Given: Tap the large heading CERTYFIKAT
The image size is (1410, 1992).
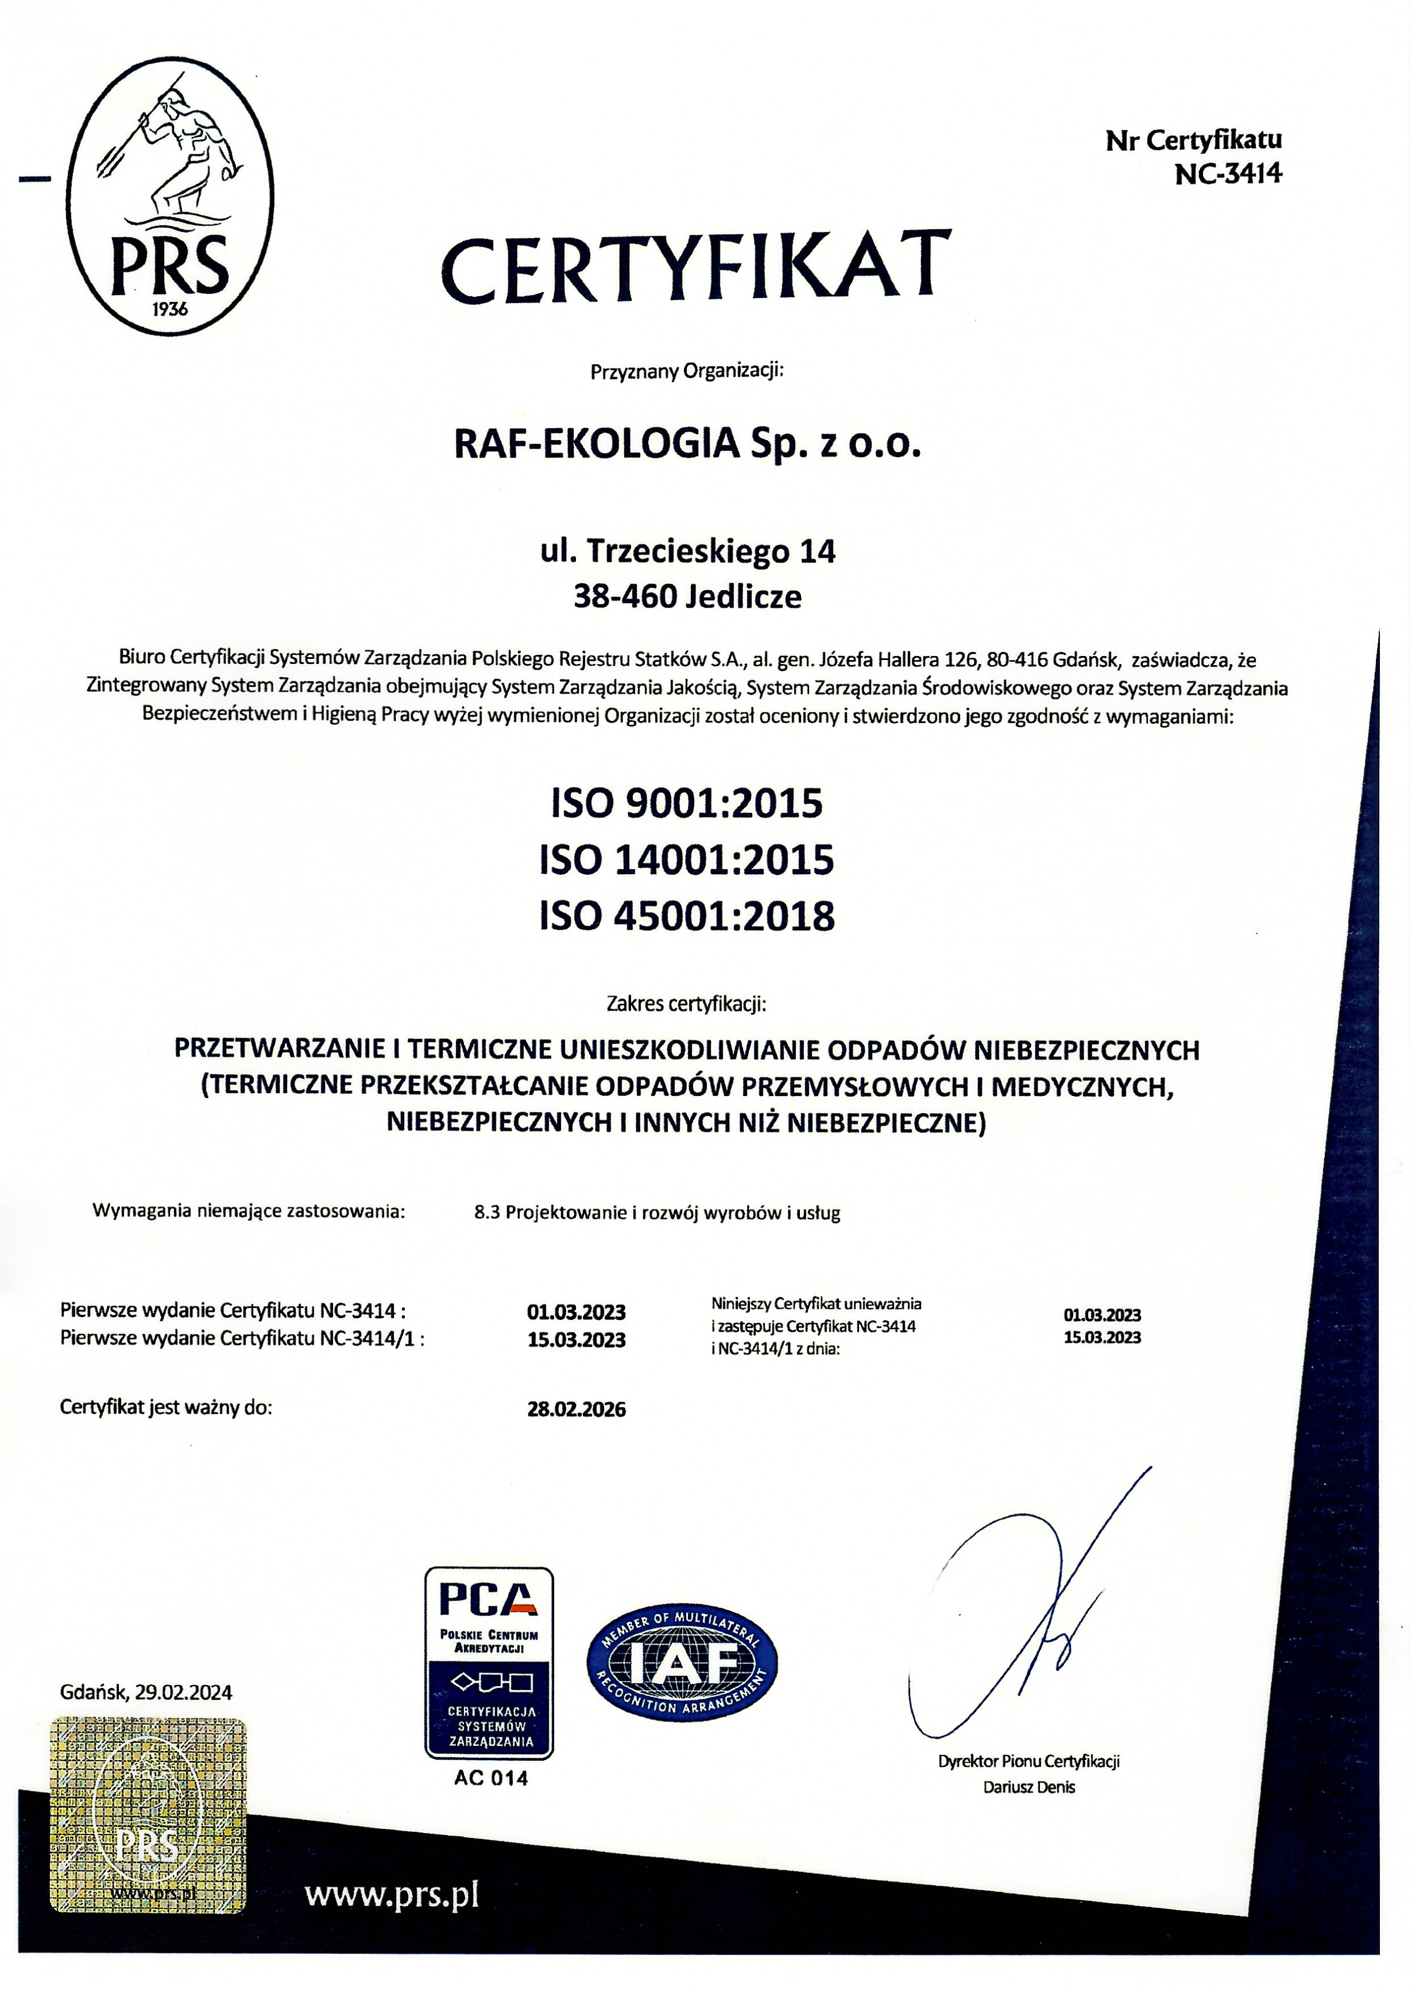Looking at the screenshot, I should click(695, 267).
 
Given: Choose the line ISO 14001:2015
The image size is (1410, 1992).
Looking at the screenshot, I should click(687, 860).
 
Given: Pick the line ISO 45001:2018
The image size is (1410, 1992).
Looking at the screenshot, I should click(687, 916).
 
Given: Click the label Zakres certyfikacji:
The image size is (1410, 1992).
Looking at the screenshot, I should click(686, 1005).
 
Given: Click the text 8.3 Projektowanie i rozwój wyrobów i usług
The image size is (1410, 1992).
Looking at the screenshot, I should click(657, 1213).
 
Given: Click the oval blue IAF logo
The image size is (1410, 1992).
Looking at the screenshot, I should click(682, 1662).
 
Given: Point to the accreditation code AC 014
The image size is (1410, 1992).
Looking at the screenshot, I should click(491, 1778).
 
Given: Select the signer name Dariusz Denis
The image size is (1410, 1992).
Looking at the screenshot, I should click(1029, 1787).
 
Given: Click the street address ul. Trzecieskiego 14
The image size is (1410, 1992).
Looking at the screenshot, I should click(687, 551).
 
